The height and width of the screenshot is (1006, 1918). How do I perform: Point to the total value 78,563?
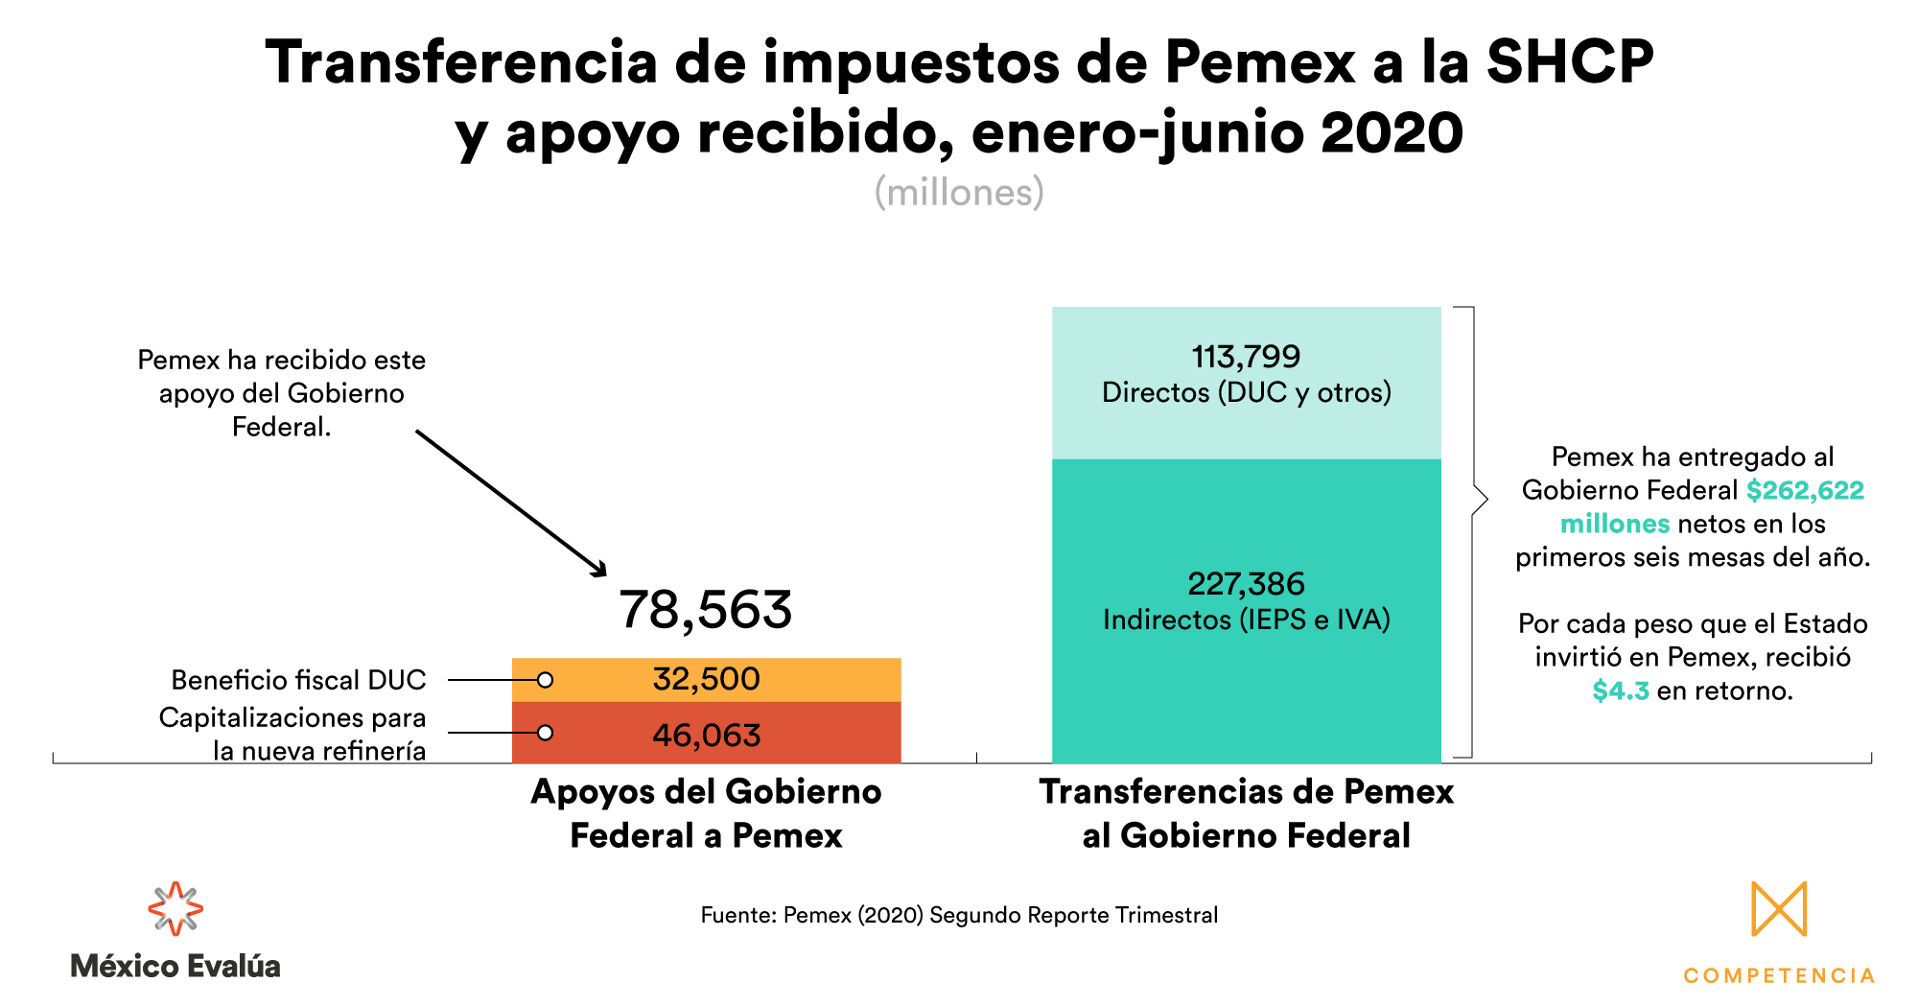pyautogui.click(x=706, y=610)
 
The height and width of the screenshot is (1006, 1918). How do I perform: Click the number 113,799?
pyautogui.click(x=1246, y=357)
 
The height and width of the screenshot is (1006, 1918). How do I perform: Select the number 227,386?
pyautogui.click(x=1246, y=583)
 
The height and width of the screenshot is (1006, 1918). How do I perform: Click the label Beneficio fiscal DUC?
pyautogui.click(x=298, y=680)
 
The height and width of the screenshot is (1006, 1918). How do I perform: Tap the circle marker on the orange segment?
pyautogui.click(x=545, y=680)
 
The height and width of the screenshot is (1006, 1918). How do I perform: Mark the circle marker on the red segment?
pyautogui.click(x=545, y=733)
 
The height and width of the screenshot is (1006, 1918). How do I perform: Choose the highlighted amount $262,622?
pyautogui.click(x=1805, y=490)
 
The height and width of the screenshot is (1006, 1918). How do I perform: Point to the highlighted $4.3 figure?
pyautogui.click(x=1620, y=690)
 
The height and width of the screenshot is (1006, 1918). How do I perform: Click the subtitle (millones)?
pyautogui.click(x=959, y=193)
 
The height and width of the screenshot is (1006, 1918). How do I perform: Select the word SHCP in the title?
pyautogui.click(x=1570, y=62)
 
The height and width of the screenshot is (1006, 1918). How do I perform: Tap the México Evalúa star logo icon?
pyautogui.click(x=175, y=908)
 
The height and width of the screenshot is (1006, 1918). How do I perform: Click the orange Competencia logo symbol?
pyautogui.click(x=1779, y=908)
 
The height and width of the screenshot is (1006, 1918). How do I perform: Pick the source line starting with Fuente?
pyautogui.click(x=959, y=915)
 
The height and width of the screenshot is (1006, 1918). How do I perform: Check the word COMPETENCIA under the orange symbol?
pyautogui.click(x=1779, y=975)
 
